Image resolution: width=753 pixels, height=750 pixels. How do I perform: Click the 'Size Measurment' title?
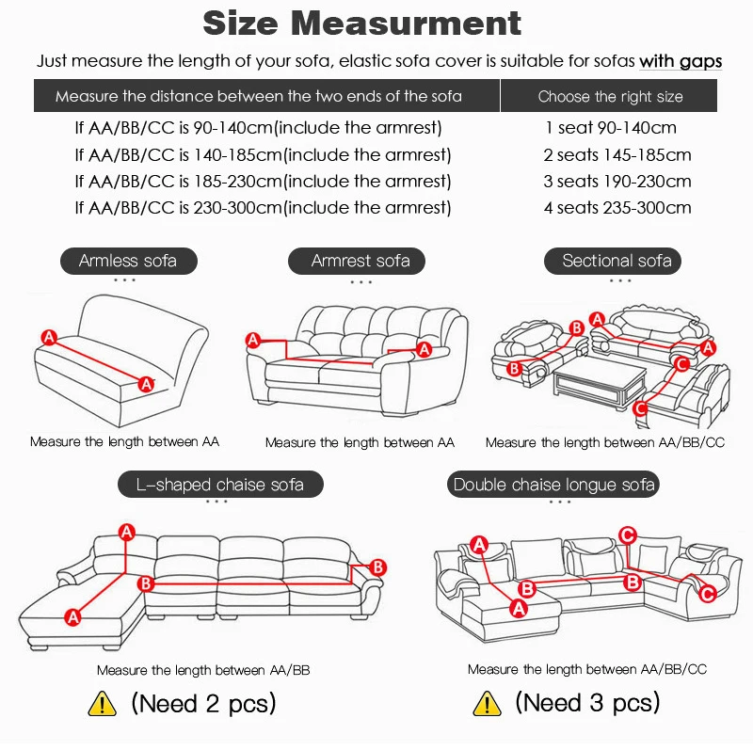[361, 23]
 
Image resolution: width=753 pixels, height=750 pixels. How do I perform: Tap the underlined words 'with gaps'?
[681, 61]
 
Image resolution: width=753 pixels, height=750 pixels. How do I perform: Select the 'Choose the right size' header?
[610, 96]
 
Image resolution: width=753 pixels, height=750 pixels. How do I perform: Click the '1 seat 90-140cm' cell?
[610, 127]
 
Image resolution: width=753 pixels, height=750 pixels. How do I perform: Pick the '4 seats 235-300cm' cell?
[617, 207]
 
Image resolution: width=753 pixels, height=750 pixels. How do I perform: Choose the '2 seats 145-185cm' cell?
[617, 154]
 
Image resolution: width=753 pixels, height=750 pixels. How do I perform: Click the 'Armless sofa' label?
[127, 261]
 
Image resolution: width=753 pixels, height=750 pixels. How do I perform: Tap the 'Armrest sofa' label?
[360, 261]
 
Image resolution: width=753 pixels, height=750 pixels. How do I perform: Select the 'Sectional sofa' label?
[617, 261]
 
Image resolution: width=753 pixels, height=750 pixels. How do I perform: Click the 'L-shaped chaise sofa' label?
[220, 485]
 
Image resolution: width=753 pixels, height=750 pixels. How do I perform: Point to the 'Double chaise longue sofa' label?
[554, 485]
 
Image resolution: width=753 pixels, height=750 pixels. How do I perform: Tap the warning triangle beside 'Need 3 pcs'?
[486, 702]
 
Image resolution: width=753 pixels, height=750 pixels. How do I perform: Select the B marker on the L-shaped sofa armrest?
[377, 566]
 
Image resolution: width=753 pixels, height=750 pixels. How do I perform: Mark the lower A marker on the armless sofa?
[146, 383]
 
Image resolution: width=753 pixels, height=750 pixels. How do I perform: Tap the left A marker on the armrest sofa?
[252, 340]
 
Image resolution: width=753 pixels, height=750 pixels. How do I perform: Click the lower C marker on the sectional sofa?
[640, 408]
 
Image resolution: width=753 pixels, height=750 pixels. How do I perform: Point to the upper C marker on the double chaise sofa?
[629, 535]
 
